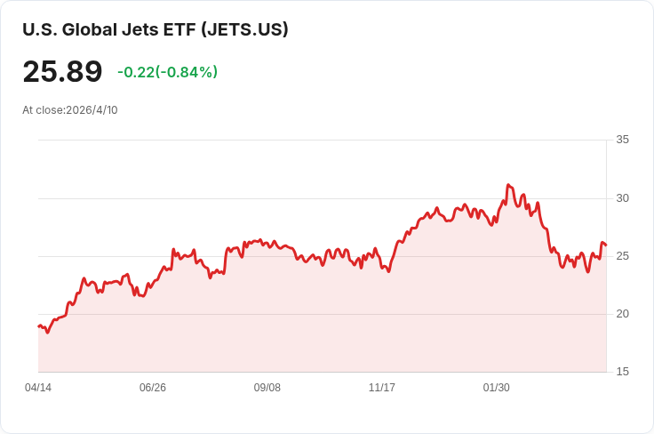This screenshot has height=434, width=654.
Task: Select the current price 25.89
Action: tap(62, 72)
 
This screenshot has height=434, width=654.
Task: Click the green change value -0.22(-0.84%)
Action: tap(167, 72)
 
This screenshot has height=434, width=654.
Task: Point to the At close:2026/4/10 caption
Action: tap(70, 110)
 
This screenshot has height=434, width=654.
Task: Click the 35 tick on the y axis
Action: tap(622, 140)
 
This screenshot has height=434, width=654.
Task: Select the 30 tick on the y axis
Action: tap(622, 197)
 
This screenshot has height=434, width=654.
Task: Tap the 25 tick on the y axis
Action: tap(622, 256)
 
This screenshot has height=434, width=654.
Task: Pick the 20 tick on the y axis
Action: tap(622, 314)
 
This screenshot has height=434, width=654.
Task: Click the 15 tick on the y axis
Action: tap(622, 372)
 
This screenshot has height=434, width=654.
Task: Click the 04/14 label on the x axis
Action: tap(38, 388)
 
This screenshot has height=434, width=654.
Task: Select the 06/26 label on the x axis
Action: tap(153, 388)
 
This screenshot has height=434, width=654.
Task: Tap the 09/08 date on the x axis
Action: tap(267, 388)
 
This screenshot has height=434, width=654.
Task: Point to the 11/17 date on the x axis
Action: tap(382, 388)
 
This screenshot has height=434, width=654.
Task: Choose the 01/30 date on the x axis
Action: tap(496, 388)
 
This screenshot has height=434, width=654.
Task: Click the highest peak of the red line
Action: tap(507, 185)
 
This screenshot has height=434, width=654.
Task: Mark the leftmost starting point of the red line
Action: tap(38, 326)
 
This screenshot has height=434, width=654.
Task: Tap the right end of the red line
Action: tap(606, 245)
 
